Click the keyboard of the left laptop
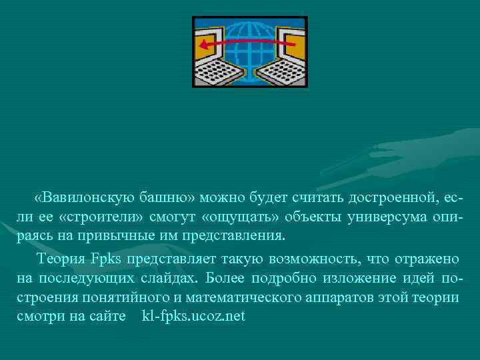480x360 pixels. (217, 73)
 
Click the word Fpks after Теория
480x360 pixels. (105, 257)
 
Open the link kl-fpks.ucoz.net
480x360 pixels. (194, 315)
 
